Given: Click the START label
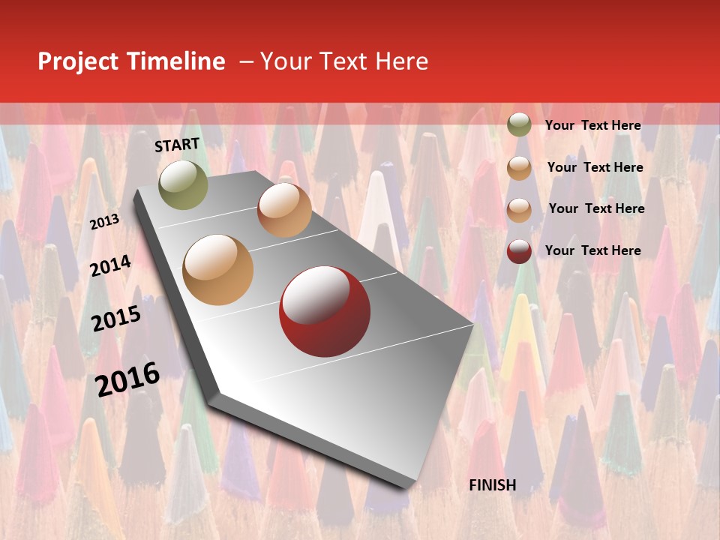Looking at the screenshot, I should click(177, 145).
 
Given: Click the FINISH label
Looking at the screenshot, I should click(493, 485).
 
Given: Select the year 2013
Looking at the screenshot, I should click(105, 221).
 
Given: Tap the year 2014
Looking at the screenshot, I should click(111, 265).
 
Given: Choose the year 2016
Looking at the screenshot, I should click(127, 379).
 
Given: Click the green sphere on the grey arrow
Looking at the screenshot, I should click(184, 184).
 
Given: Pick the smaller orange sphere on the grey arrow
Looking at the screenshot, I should click(284, 210).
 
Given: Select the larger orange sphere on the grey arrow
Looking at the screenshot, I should click(218, 269).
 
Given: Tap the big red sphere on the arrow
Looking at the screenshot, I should click(324, 310).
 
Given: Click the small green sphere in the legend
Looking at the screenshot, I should click(519, 124).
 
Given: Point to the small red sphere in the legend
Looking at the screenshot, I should click(519, 251).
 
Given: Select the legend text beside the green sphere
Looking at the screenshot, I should click(592, 125).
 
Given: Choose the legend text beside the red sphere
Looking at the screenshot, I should click(592, 250).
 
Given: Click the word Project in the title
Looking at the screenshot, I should click(78, 62).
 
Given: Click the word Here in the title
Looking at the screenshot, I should click(401, 61).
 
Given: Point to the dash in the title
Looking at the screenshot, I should click(246, 61).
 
